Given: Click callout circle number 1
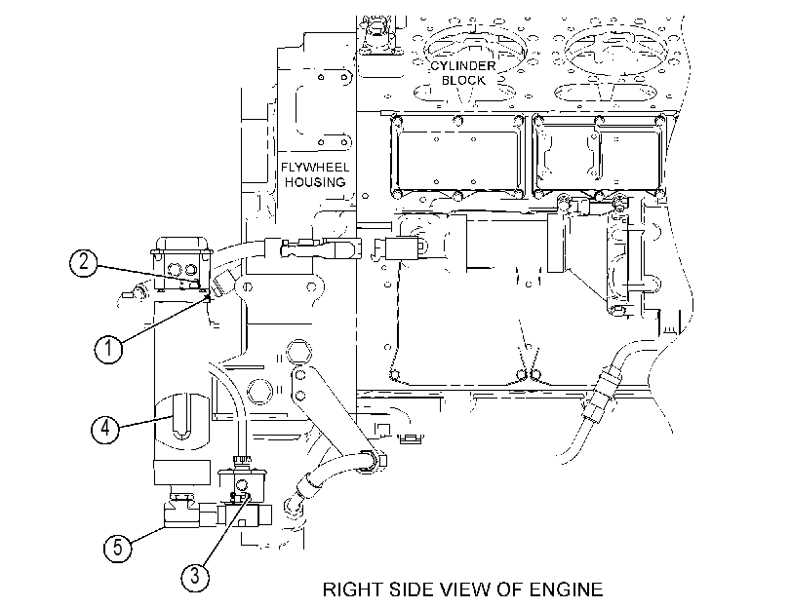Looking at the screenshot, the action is (108, 349).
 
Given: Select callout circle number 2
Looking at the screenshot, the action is (84, 262).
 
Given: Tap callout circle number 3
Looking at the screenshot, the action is (195, 575).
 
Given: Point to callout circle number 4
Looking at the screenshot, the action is (105, 429).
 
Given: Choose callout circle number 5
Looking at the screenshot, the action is (118, 547).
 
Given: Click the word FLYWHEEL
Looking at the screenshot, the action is (315, 167).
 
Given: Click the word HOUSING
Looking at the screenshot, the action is (315, 182).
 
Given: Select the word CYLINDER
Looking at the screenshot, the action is (463, 65).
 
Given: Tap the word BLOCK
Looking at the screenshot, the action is (463, 80).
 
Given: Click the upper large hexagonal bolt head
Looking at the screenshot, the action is (298, 352).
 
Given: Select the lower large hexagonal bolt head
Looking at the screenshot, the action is (260, 391).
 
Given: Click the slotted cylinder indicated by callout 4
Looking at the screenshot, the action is (182, 422).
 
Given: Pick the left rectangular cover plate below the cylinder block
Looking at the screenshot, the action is (457, 156).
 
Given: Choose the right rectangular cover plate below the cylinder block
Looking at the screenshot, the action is (599, 156).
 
